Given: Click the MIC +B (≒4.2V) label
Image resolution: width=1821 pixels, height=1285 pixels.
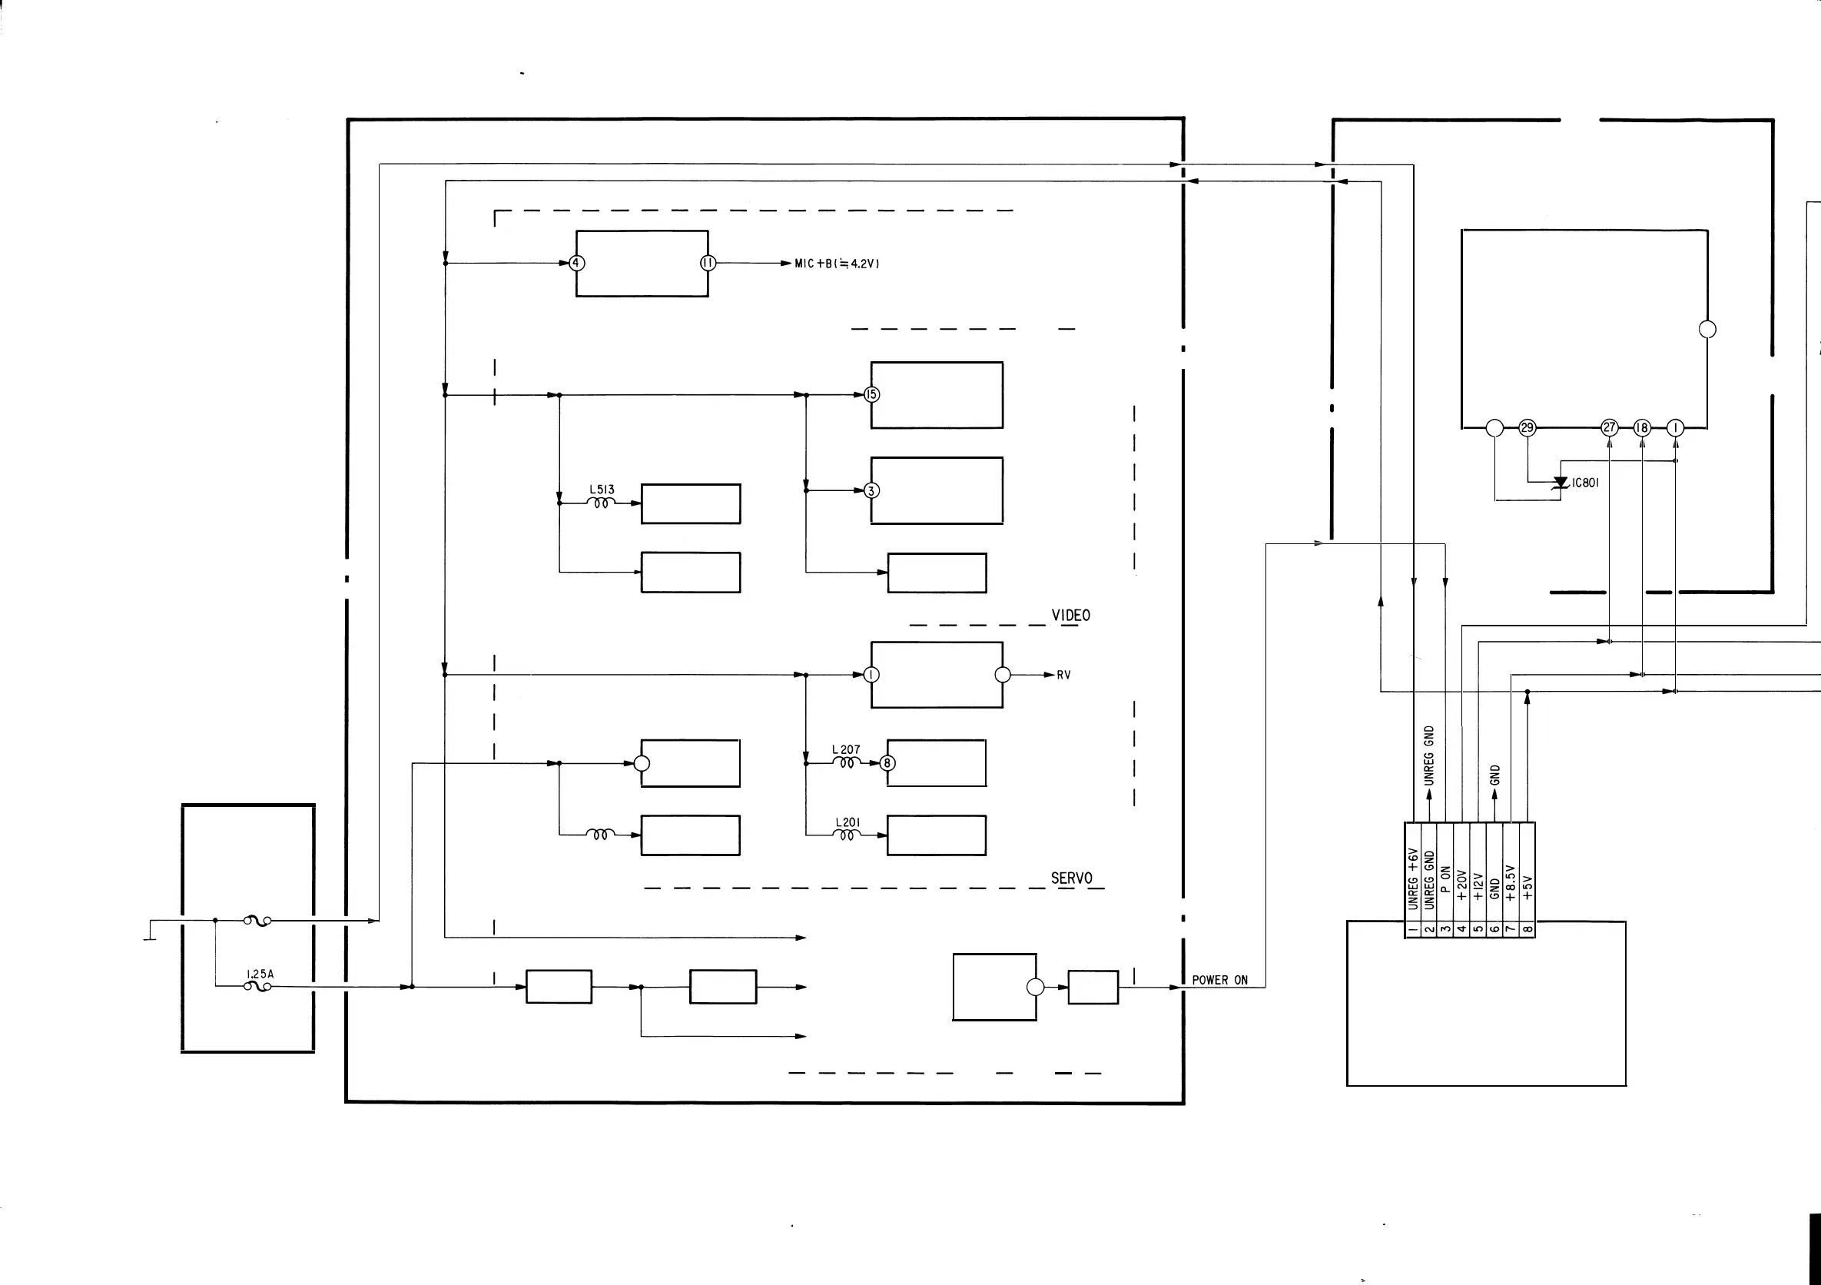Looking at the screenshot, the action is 837,264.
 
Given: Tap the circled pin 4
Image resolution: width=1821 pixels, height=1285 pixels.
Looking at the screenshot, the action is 577,264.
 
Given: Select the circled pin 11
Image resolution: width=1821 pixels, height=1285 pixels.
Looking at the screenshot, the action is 708,264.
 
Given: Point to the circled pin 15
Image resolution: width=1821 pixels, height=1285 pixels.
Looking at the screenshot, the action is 871,394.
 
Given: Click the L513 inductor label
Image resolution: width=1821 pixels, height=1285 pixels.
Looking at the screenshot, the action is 601,490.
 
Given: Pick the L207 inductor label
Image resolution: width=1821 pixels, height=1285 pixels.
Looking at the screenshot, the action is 845,749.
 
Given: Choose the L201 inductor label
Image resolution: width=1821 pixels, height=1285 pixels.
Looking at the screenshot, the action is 847,822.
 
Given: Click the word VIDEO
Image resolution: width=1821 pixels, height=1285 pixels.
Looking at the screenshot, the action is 1071,616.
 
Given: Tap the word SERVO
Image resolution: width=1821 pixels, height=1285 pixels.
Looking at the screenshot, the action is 1072,878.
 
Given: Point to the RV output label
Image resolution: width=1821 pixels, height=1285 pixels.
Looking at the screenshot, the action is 1063,675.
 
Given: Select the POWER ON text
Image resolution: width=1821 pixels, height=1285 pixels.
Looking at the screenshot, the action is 1220,981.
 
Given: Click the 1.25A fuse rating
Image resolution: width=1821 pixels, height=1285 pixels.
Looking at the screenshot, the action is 260,974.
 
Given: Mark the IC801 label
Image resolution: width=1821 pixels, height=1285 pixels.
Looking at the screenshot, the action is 1585,483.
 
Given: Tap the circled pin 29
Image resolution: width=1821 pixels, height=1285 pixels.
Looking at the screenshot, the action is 1527,427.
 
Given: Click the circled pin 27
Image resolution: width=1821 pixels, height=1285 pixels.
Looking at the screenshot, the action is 1609,427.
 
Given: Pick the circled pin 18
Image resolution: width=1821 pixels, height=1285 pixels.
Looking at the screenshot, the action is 1642,427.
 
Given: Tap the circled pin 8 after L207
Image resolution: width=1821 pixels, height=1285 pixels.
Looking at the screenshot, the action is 887,763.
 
